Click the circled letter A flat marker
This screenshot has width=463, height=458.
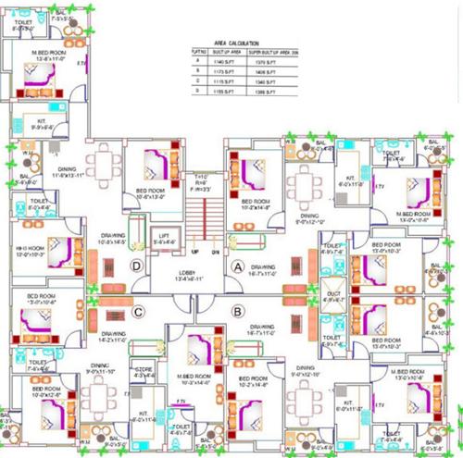pyautogui.click(x=237, y=266)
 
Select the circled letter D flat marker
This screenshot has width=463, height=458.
pyautogui.click(x=137, y=266)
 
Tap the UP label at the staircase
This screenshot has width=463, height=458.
pyautogui.click(x=194, y=251)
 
